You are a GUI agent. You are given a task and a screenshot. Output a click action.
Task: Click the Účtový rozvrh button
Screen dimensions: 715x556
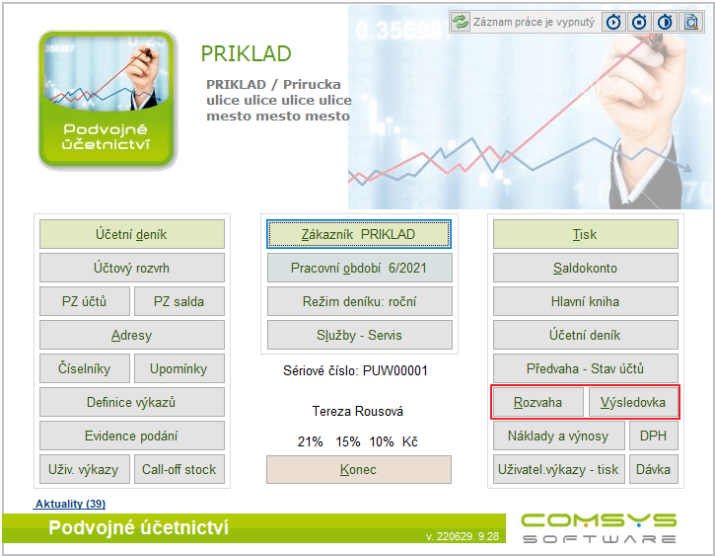click(x=132, y=268)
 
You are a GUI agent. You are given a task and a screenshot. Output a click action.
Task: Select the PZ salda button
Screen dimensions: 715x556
click(x=179, y=301)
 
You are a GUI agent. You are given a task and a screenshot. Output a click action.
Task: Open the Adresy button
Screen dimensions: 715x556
click(x=132, y=335)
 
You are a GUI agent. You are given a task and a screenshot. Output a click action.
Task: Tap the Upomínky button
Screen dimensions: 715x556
click(x=179, y=368)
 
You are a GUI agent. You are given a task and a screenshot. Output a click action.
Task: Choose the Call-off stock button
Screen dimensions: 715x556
click(x=179, y=469)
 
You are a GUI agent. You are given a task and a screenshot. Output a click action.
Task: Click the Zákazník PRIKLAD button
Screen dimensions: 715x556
click(x=359, y=234)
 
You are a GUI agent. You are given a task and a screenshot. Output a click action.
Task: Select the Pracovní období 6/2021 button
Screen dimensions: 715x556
click(x=359, y=268)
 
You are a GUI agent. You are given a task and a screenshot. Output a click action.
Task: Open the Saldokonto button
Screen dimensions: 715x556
click(x=586, y=268)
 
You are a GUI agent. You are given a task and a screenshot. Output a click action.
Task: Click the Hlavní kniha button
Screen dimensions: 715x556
click(x=586, y=301)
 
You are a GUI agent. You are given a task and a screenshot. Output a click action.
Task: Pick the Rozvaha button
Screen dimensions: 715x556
click(x=538, y=402)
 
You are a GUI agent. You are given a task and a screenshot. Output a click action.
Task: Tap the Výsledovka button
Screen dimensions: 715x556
click(x=633, y=402)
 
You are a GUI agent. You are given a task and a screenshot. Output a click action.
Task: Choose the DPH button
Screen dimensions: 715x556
click(x=654, y=436)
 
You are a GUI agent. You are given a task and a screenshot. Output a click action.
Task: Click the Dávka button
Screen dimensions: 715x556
click(x=654, y=469)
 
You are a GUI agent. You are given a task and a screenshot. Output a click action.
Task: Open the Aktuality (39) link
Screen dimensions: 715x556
click(x=70, y=504)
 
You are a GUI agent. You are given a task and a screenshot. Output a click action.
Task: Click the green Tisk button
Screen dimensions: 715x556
click(x=586, y=234)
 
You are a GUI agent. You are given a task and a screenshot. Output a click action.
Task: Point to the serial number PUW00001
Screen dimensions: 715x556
click(x=394, y=370)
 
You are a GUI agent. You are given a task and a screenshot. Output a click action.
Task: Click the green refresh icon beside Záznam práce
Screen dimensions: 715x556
click(x=461, y=22)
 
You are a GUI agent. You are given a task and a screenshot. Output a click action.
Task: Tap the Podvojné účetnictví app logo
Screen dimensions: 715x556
click(x=107, y=99)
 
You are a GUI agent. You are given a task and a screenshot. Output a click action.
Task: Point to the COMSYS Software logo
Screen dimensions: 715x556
click(x=600, y=528)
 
